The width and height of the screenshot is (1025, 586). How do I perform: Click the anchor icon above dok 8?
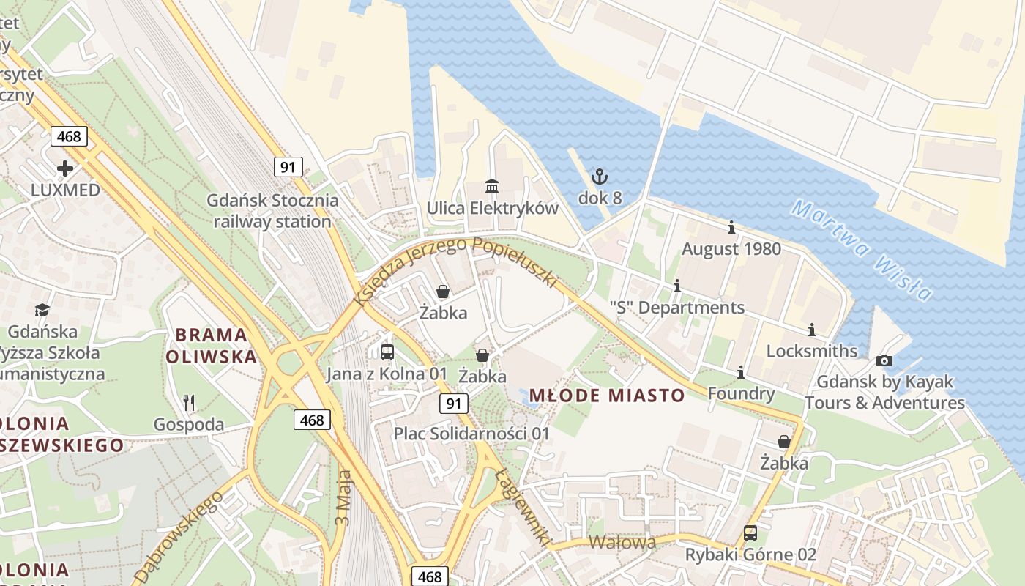click(x=600, y=177)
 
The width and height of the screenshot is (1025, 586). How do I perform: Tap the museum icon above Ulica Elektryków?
click(x=492, y=187)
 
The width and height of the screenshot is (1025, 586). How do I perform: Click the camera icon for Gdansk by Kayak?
click(x=884, y=360)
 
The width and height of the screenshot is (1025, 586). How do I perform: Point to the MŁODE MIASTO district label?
click(x=607, y=396)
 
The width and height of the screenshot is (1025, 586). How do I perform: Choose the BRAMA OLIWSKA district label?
click(x=212, y=346)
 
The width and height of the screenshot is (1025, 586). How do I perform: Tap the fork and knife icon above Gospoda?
click(x=189, y=402)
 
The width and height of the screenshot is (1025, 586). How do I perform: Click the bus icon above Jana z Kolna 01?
click(x=387, y=352)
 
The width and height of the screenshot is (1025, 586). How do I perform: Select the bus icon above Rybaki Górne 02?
click(x=750, y=533)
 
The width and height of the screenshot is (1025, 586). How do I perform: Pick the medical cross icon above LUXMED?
click(x=65, y=168)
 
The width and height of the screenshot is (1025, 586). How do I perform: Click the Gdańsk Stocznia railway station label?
click(x=272, y=211)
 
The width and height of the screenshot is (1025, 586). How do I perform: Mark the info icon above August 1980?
click(x=731, y=228)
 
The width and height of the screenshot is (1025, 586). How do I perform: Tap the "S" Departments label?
click(x=677, y=308)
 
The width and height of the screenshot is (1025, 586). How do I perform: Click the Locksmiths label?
click(x=812, y=351)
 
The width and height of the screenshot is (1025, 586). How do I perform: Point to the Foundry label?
click(x=741, y=394)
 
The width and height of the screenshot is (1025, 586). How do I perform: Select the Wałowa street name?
click(x=622, y=543)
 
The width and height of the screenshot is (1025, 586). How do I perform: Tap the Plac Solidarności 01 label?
click(x=471, y=434)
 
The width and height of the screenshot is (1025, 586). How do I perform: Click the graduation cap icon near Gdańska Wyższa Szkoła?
click(x=42, y=311)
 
